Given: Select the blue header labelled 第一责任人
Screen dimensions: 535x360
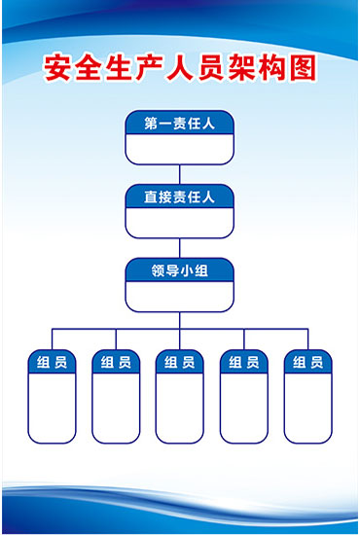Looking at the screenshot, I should (x=179, y=124).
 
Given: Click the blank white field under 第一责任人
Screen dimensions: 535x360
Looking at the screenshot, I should (x=179, y=149).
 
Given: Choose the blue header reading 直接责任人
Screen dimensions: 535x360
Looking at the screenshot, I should (x=179, y=196).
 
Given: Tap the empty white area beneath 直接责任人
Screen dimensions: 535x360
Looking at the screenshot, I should (x=179, y=223).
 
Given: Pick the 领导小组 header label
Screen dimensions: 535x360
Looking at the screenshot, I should (x=179, y=269).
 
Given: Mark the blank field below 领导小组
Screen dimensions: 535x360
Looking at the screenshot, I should (x=179, y=296).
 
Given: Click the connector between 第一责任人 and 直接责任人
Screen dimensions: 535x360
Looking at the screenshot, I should (x=179, y=174).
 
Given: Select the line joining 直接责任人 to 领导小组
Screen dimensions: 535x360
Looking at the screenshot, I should (x=179, y=247).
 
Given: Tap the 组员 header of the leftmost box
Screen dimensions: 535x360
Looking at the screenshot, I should (x=52, y=363).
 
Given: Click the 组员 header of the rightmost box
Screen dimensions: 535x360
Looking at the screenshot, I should (x=307, y=363).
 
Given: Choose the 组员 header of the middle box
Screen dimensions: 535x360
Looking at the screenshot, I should (x=179, y=363).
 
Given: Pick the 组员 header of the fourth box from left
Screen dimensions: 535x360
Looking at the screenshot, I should (x=243, y=363).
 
